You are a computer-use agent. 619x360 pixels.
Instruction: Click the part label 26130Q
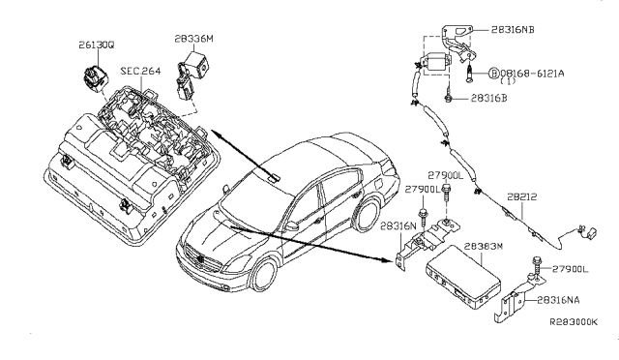point(97,45)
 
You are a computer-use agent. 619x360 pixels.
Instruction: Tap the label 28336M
point(193,39)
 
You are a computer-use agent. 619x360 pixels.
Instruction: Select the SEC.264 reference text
point(140,72)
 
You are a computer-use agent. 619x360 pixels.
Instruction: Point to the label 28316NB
point(513,30)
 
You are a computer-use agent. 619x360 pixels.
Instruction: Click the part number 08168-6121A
point(532,74)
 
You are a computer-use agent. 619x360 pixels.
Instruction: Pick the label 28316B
point(488,98)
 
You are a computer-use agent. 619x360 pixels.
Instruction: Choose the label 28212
point(522,196)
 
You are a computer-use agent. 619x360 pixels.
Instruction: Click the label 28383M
point(484,246)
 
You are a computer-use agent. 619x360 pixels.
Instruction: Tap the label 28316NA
point(558,300)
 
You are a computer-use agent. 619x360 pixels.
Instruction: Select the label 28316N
point(398,226)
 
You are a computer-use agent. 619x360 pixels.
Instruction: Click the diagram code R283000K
point(574,322)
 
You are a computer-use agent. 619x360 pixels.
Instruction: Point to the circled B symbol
point(494,74)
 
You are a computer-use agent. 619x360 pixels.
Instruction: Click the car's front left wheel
point(264,276)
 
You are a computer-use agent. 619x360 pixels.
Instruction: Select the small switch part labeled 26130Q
point(95,76)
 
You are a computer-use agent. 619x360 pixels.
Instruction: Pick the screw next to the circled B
point(468,74)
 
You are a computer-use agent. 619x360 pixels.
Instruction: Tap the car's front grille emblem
point(201,261)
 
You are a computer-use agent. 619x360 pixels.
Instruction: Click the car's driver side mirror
point(292,226)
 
